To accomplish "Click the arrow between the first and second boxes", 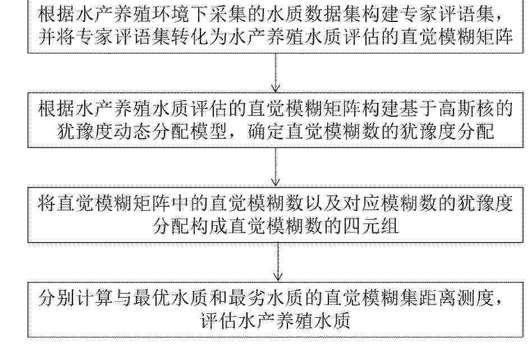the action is coord(276,72).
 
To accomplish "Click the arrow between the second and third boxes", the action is coord(276,167).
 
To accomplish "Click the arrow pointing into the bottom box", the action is coord(278,262).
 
